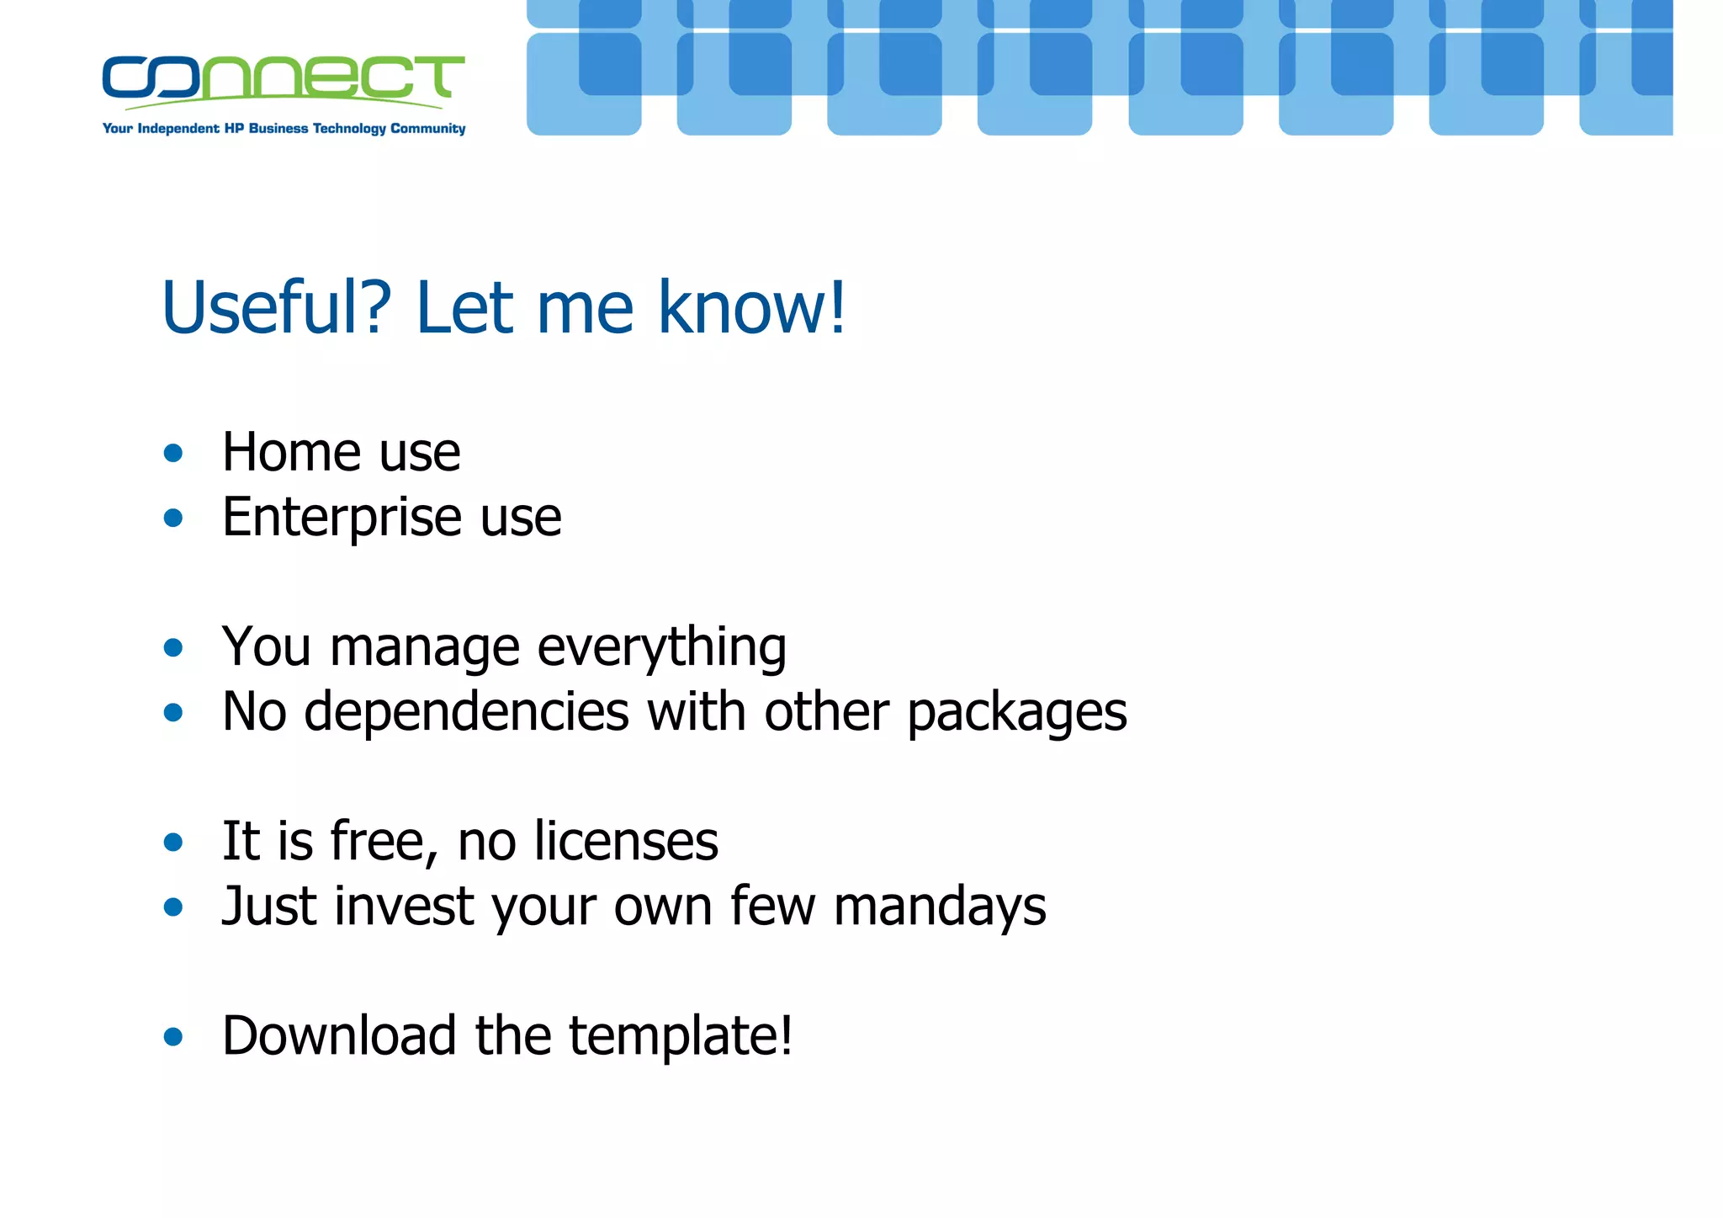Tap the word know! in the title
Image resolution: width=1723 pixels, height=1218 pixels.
click(751, 308)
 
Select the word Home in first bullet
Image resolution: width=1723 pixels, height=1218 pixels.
click(291, 452)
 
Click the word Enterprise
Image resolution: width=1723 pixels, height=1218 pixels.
click(342, 517)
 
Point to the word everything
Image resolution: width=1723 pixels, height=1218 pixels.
click(661, 648)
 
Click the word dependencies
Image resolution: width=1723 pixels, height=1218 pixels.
click(466, 713)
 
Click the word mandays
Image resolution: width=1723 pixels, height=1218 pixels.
click(940, 907)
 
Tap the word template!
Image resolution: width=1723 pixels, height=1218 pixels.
click(681, 1037)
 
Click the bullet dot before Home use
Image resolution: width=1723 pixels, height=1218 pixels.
click(173, 454)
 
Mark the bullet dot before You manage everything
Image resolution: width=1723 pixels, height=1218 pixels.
click(173, 648)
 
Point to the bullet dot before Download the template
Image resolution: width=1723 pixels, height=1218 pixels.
click(173, 1037)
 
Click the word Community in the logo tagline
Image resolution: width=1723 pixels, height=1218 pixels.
click(427, 129)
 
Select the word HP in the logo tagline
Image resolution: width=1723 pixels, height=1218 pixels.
click(234, 129)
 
